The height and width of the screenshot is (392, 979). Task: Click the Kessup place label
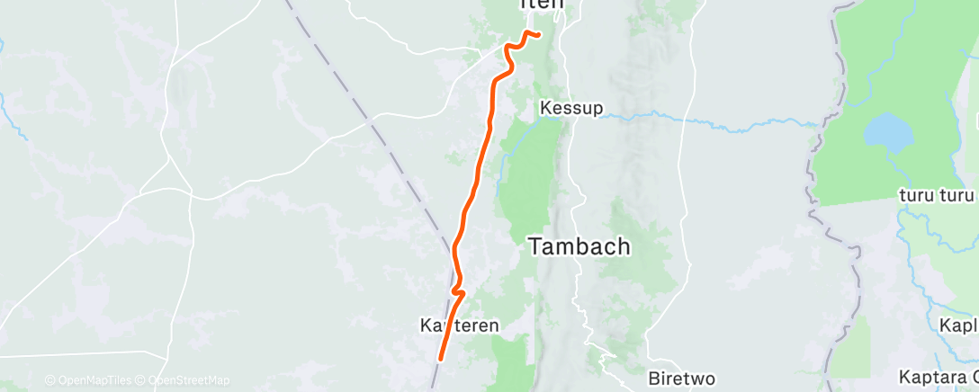(571, 108)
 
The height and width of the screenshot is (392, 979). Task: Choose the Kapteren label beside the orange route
(459, 325)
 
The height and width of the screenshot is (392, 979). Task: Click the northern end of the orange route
(538, 35)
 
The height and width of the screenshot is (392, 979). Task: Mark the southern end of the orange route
(441, 358)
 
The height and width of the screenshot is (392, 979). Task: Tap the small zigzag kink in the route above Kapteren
(459, 291)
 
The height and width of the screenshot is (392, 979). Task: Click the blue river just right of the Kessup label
(630, 115)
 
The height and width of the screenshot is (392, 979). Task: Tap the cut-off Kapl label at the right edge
(958, 325)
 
